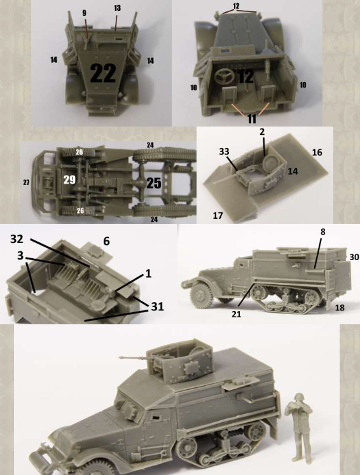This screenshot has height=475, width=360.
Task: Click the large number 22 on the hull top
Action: tap(103, 73)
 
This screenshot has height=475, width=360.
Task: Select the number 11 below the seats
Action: tap(252, 118)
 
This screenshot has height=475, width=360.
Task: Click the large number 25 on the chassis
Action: tap(154, 182)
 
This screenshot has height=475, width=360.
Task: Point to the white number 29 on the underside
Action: tap(69, 179)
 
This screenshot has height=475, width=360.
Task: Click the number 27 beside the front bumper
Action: tap(26, 182)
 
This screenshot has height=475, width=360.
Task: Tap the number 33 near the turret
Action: tap(224, 151)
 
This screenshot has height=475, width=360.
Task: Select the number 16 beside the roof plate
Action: tap(317, 152)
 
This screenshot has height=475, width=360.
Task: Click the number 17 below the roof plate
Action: tap(218, 216)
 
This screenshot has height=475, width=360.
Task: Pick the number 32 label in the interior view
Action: tap(17, 239)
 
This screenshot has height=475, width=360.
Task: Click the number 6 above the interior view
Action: tap(106, 241)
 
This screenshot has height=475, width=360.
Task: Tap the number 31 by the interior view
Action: tap(157, 306)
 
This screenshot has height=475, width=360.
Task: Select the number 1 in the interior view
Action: tap(148, 273)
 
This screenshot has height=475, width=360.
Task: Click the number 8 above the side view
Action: tap(322, 231)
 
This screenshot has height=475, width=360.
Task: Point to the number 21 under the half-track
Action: tap(237, 314)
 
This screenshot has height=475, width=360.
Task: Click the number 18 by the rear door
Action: tap(340, 308)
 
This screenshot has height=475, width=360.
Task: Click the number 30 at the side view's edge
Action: tap(354, 257)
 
